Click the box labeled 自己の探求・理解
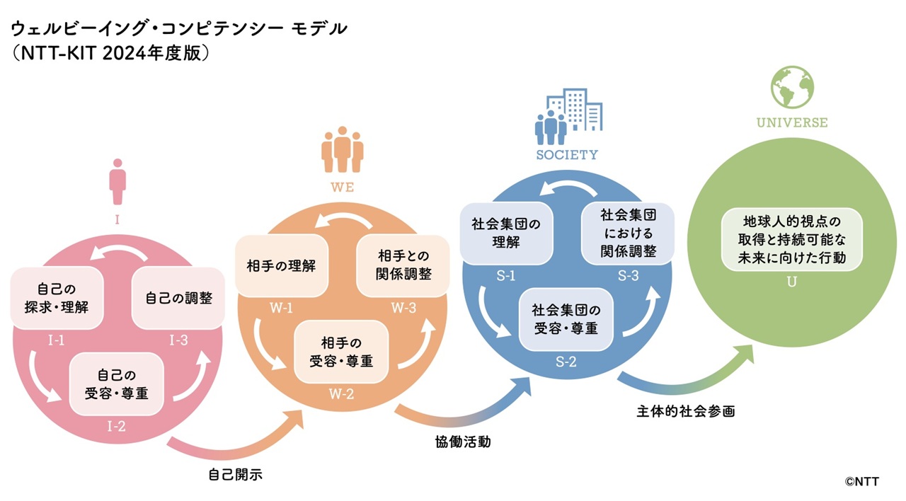57,298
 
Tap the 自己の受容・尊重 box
117,384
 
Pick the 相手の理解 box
281,267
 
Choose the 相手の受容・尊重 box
341,352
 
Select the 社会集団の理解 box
505,233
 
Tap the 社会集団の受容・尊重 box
566,319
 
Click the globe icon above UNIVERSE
792,87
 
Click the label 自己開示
236,475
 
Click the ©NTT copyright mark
861,481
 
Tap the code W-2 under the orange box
341,394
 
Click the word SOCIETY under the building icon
566,154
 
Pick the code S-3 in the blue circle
627,276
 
